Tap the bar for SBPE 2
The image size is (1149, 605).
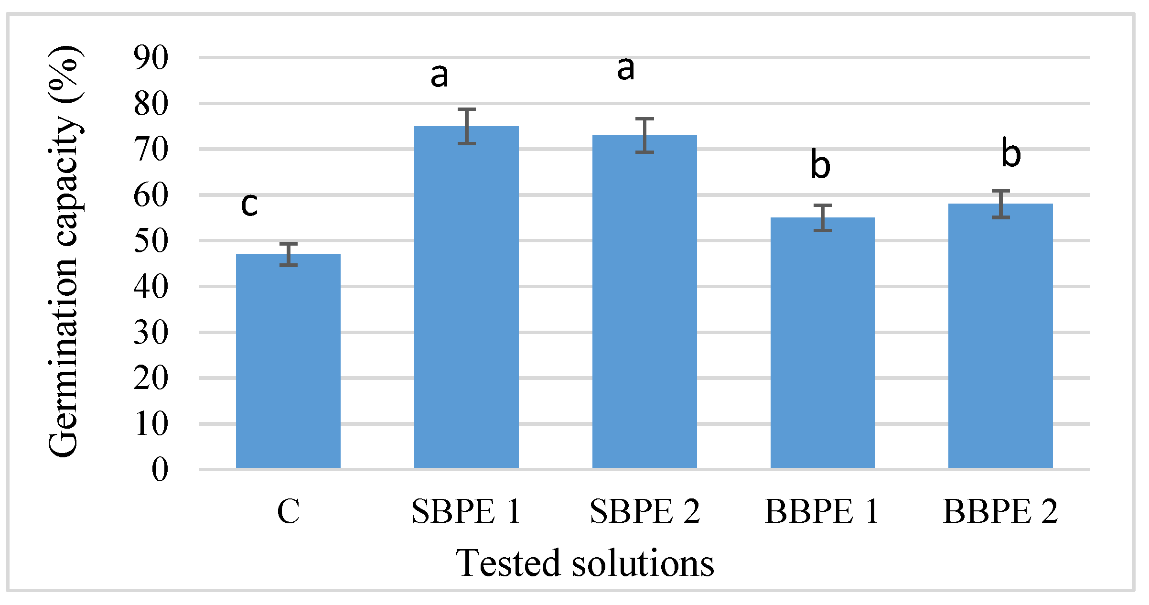[x=644, y=302]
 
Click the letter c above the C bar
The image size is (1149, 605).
[x=249, y=205]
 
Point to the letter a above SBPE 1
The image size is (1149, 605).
[x=439, y=76]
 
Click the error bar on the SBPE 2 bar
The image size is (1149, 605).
[x=644, y=135]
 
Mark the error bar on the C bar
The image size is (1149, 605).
[x=289, y=254]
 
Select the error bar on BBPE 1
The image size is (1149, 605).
[x=823, y=218]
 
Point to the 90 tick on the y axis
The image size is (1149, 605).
[x=151, y=58]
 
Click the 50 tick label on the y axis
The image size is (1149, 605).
[x=151, y=241]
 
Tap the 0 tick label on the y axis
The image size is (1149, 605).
[x=160, y=469]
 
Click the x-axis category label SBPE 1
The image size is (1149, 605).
[x=466, y=512]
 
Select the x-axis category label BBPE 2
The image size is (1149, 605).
[x=1000, y=512]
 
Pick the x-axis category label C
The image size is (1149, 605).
[x=289, y=512]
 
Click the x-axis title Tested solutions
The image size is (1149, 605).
[x=585, y=563]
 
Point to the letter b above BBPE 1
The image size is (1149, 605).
[x=820, y=165]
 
